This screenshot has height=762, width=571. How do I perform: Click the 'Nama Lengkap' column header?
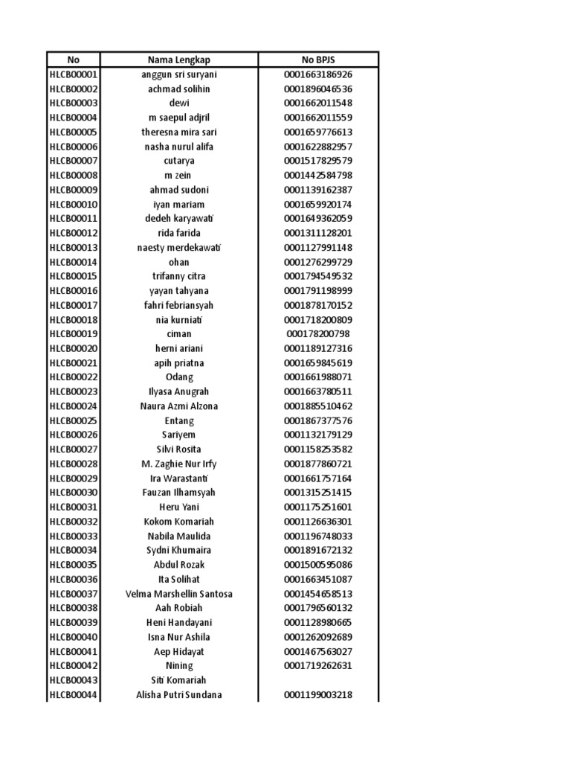pos(179,60)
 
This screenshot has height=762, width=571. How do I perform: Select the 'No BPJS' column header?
pos(317,60)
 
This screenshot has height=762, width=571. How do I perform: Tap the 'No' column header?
pos(73,60)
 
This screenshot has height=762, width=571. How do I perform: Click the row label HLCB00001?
pos(73,74)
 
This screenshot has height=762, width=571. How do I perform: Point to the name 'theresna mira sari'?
pos(179,132)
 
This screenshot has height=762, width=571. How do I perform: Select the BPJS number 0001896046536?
pos(317,89)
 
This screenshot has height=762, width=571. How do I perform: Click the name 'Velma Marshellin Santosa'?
pos(179,594)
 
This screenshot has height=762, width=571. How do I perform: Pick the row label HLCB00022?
pos(73,377)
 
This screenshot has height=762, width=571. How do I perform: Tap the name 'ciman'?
pos(179,334)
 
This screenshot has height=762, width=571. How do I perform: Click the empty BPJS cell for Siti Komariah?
pos(317,680)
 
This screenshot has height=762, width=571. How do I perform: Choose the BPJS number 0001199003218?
pos(317,695)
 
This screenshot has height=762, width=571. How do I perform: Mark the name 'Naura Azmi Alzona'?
pos(179,406)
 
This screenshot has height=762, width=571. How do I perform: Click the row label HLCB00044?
pos(73,695)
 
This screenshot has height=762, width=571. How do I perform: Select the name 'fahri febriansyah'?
pos(179,305)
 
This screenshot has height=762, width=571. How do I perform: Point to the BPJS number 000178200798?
pos(317,334)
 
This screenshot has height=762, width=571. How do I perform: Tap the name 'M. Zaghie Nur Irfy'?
pos(179,464)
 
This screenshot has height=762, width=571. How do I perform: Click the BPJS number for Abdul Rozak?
pos(317,565)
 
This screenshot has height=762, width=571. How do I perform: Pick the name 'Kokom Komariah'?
pos(179,522)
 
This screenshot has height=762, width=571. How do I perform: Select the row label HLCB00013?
pos(73,247)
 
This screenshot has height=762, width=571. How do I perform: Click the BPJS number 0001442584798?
pos(317,176)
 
